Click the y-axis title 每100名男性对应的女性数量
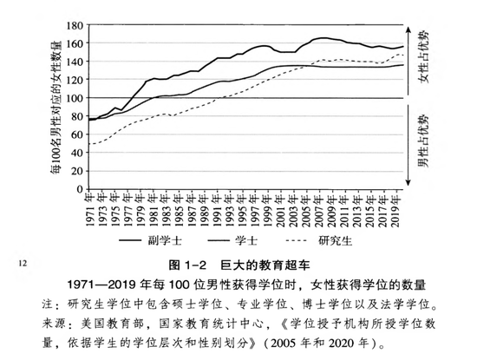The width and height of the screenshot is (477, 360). click(57, 97)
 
